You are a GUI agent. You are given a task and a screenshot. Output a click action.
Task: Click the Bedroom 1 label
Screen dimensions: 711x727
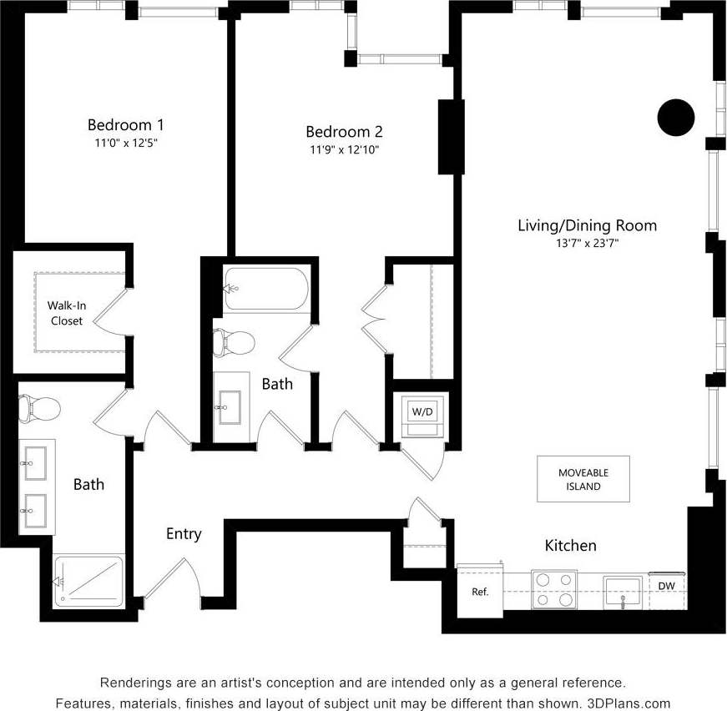pos(125,124)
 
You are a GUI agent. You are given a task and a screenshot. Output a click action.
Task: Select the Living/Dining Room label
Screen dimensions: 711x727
pos(587,225)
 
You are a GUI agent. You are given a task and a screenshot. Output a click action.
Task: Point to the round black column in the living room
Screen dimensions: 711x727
pos(675,118)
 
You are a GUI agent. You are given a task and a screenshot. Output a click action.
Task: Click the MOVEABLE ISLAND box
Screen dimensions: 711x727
pos(583,479)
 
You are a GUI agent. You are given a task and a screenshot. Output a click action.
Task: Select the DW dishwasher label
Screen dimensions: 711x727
pos(666,587)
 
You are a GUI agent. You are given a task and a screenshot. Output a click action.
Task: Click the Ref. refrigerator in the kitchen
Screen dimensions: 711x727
pos(480,592)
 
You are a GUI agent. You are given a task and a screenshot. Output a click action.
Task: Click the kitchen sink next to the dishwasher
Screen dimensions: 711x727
pos(622,592)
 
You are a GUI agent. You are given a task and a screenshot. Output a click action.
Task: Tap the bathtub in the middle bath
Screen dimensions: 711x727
pos(265,289)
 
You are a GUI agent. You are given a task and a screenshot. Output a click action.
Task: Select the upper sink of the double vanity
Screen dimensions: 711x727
pos(36,464)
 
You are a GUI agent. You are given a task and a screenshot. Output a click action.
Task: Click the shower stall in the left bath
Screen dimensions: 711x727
pos(89,581)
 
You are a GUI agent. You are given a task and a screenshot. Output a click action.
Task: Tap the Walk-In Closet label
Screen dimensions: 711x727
pos(67,313)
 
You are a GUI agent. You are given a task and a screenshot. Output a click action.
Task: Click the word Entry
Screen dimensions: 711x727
pos(184,534)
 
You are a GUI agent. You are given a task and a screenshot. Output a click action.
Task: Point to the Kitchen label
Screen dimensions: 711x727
pos(570,546)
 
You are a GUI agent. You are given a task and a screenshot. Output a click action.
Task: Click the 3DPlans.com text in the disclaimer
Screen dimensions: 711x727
pos(630,703)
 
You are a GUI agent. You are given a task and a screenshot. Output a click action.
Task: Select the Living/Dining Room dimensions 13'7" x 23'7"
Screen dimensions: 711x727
pos(587,243)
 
